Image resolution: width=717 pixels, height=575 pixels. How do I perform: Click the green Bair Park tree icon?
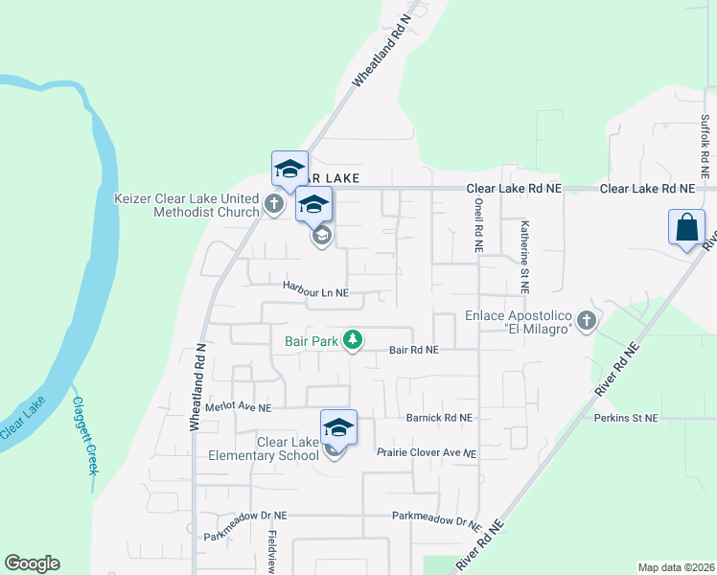pos(354,339)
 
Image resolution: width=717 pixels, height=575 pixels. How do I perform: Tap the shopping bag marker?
pos(686,229)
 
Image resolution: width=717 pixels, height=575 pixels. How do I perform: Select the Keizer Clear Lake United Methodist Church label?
pos(187,204)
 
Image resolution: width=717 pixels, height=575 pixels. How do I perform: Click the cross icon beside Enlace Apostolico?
pos(587,321)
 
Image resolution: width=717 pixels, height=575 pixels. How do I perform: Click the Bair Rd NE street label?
pos(413,350)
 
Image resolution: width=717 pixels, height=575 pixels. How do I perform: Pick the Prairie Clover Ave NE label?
pos(427,452)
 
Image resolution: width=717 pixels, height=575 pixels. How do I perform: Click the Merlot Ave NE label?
pos(240,406)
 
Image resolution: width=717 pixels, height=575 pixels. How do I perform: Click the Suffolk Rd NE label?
pos(705,148)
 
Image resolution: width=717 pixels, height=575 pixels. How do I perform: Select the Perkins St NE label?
pos(626,418)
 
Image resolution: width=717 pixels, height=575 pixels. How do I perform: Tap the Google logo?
pos(32,563)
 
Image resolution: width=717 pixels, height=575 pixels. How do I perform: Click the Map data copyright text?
pos(675,567)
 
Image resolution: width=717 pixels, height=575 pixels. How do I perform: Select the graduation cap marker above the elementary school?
pos(338,426)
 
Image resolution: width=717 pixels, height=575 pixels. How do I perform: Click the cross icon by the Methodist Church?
pos(274,203)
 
